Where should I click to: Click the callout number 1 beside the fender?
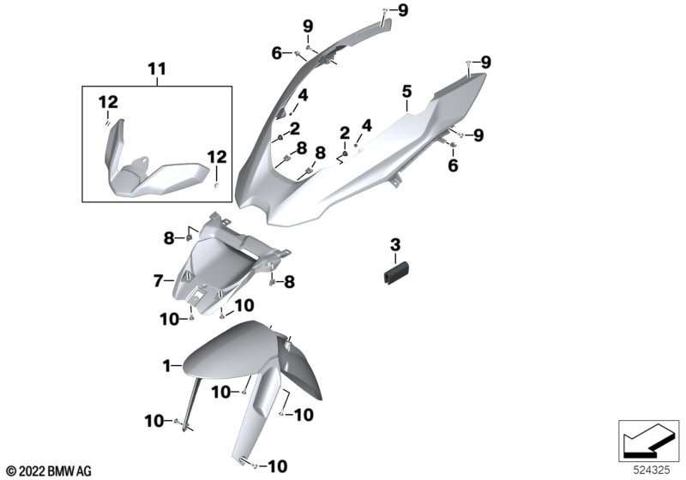[168, 366]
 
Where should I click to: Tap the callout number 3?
[395, 245]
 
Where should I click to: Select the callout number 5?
[406, 91]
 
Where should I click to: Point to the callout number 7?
[159, 279]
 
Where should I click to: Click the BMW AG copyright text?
[48, 469]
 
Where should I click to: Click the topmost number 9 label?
[404, 9]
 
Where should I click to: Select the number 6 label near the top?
[276, 53]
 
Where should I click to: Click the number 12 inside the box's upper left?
[107, 103]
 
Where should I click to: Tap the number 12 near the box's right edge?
[215, 157]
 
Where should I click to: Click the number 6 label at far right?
[453, 167]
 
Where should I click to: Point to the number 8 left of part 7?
[170, 237]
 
